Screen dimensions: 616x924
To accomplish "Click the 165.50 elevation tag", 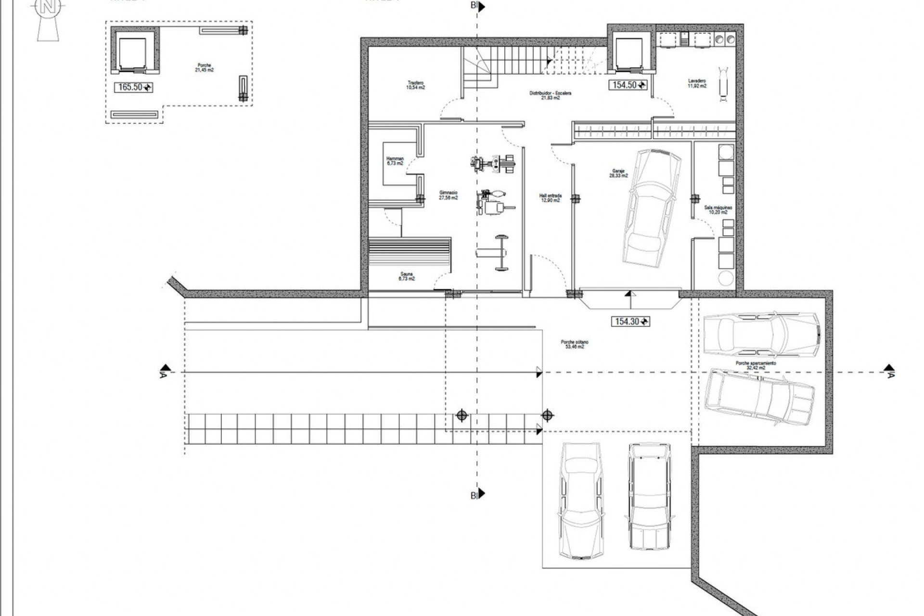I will [x=133, y=87].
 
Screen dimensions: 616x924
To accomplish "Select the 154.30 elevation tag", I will [x=630, y=321].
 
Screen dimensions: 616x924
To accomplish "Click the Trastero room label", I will [x=416, y=85].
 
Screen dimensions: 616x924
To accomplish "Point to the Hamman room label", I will [x=395, y=161].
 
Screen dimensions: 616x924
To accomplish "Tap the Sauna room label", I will [x=407, y=276].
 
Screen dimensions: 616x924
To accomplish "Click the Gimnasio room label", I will [x=448, y=195].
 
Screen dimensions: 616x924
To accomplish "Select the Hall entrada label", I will [x=550, y=198].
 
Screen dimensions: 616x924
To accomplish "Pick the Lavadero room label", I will [x=697, y=83].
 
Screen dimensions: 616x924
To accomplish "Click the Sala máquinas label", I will [x=718, y=210].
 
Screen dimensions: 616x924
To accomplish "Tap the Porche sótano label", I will [x=574, y=344].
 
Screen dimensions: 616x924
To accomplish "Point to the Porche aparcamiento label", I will [x=756, y=365].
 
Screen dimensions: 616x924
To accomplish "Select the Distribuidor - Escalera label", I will [x=551, y=95].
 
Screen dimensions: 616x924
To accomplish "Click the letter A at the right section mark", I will [x=891, y=375].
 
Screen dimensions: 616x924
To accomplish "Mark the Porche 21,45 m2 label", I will [x=204, y=67].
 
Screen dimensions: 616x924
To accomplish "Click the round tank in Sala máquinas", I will [x=726, y=278].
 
